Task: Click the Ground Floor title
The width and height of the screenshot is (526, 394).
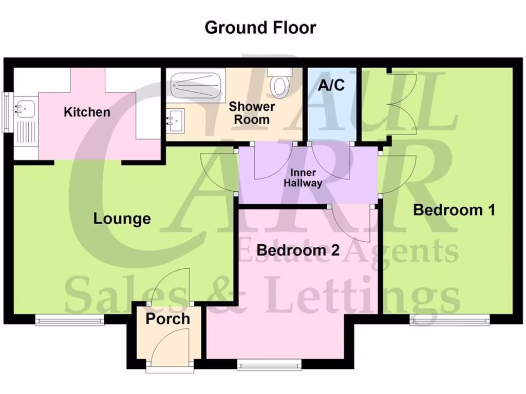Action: (260, 27)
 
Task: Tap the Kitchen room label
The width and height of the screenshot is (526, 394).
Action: (87, 112)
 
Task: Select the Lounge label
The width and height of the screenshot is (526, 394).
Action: (122, 219)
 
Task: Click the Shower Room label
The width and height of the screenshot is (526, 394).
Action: (252, 113)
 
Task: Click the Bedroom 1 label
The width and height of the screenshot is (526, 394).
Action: (454, 210)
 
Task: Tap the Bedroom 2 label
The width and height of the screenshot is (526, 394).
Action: (298, 250)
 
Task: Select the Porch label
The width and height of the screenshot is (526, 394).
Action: (167, 319)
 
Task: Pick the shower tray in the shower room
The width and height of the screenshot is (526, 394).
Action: (196, 82)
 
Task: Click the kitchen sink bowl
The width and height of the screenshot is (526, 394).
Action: (24, 108)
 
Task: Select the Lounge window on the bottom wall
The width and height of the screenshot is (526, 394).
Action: (69, 320)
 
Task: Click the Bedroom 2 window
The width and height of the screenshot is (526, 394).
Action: (269, 365)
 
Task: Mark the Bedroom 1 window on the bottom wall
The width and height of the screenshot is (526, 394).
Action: (449, 320)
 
